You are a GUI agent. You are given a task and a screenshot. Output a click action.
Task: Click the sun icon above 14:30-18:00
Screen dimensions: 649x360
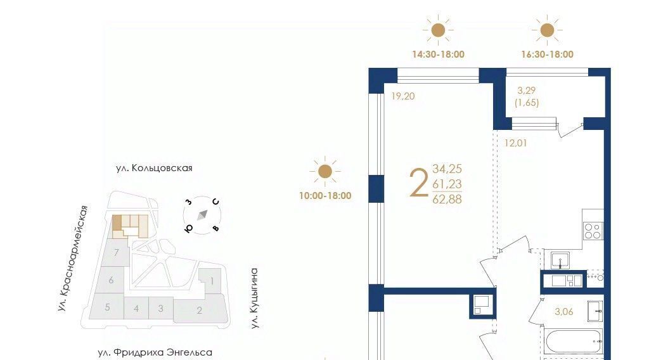[438, 30]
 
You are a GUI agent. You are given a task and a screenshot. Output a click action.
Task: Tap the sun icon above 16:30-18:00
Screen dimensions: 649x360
[547, 30]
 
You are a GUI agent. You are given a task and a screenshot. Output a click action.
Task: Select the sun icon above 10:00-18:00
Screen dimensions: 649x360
[325, 171]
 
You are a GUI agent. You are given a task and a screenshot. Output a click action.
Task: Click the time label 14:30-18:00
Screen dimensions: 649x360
[438, 55]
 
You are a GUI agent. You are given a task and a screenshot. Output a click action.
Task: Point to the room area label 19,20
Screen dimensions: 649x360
[402, 96]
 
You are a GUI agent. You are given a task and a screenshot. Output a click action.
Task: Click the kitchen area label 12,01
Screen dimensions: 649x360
[515, 143]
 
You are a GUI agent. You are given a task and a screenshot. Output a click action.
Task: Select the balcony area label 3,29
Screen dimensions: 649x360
[527, 90]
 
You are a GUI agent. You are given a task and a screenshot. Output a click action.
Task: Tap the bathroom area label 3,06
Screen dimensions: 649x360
[563, 312]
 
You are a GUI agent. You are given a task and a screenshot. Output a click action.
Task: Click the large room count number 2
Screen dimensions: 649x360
[418, 184]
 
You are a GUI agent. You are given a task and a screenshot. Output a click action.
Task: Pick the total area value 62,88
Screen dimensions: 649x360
[447, 200]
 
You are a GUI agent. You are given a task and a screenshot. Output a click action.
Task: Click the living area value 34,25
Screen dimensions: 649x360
[447, 169]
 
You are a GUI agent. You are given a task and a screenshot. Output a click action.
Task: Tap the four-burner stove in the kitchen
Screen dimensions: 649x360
[593, 231]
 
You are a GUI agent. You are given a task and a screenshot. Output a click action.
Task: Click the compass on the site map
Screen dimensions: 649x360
[202, 215]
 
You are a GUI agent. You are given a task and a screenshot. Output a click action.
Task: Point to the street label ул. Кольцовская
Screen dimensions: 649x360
[154, 168]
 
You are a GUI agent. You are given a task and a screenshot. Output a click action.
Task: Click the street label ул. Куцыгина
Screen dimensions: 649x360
[254, 299]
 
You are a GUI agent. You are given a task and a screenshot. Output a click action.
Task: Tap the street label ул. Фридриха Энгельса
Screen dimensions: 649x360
[155, 352]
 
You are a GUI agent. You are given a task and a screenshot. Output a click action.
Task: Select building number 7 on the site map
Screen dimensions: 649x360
[117, 252]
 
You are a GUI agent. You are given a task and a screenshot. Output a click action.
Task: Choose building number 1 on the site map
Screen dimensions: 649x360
[212, 281]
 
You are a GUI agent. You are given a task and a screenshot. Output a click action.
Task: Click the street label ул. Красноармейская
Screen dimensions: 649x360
[73, 259]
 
